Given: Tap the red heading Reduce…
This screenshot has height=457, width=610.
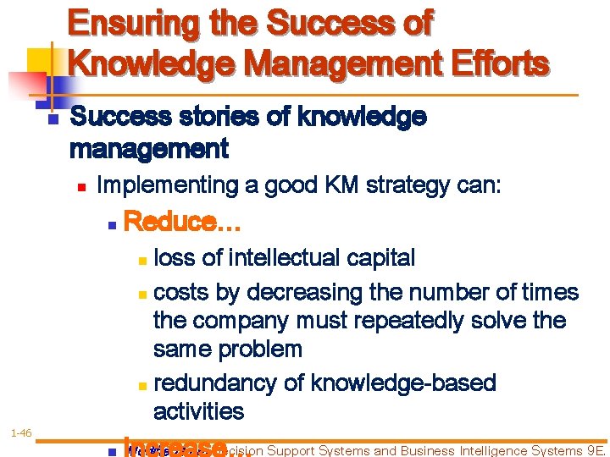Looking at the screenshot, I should (x=183, y=223).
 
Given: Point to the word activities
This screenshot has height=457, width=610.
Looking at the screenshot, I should (x=198, y=412).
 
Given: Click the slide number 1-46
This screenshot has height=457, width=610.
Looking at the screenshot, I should (x=21, y=433).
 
